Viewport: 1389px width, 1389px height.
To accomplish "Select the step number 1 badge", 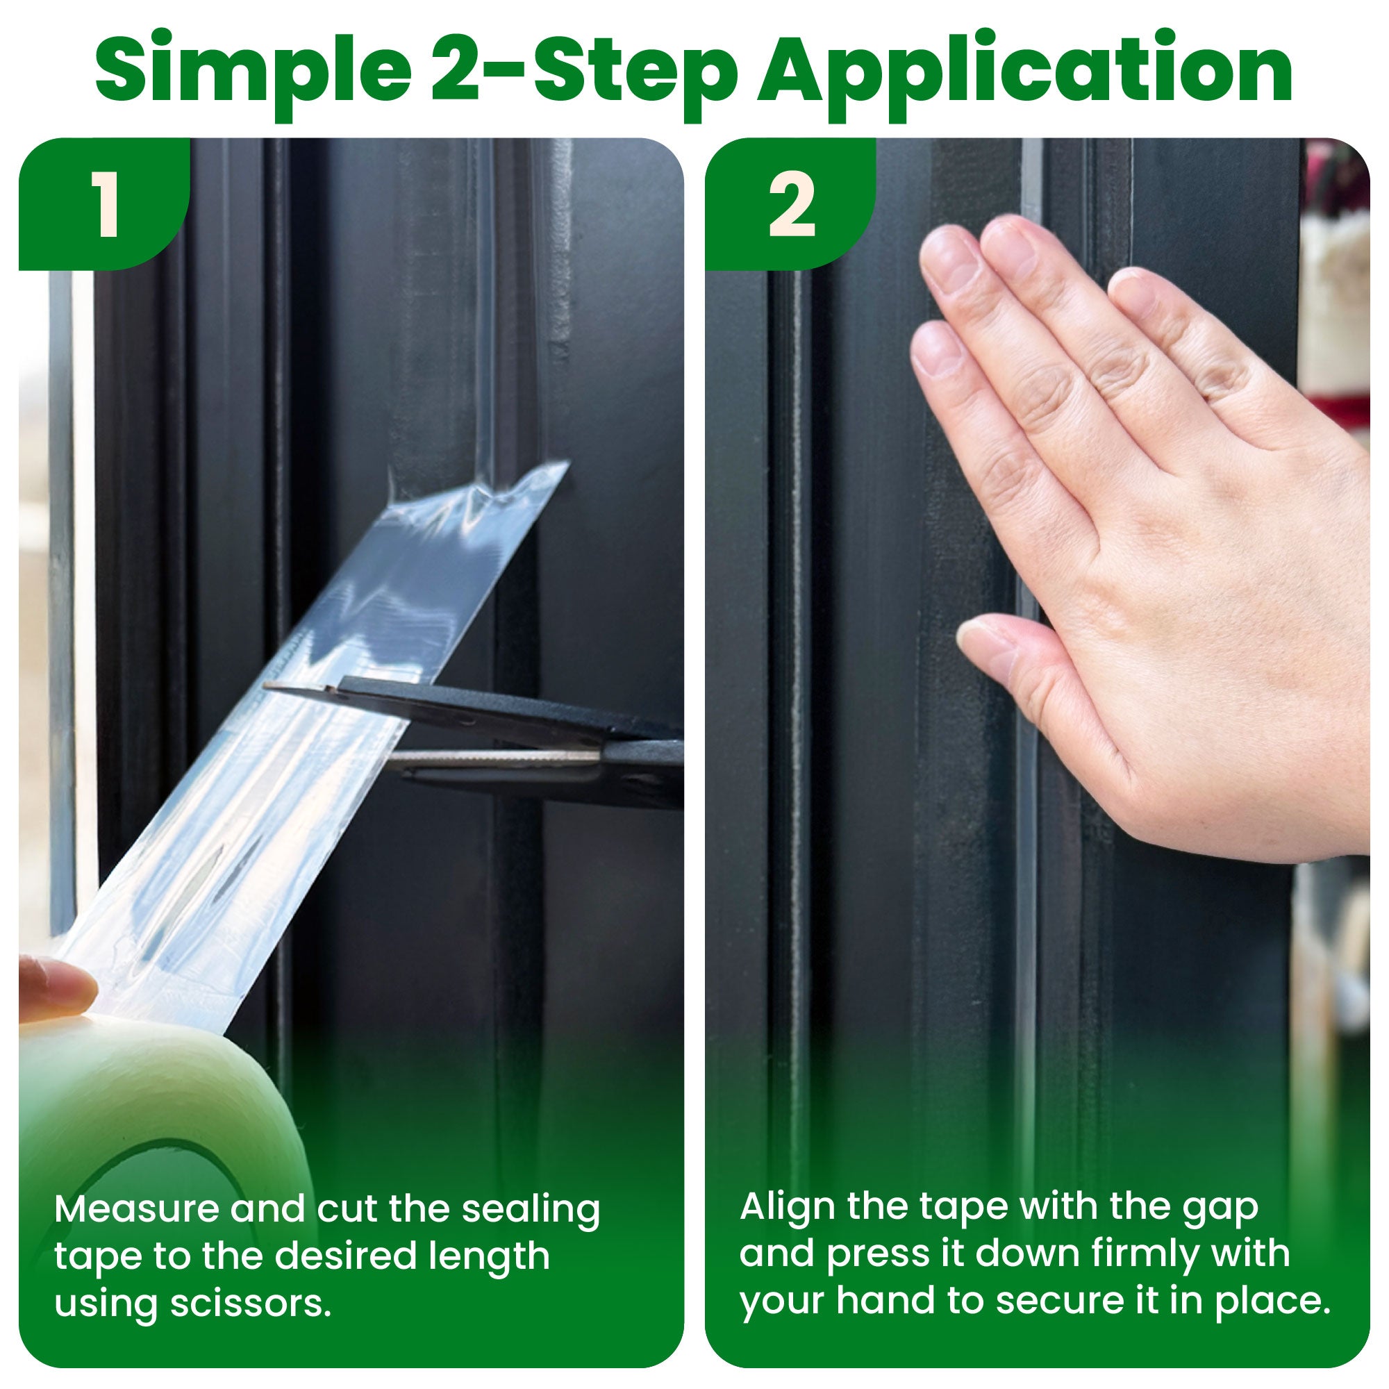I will pos(108,205).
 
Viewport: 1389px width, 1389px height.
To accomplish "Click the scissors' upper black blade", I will pos(467,708).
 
